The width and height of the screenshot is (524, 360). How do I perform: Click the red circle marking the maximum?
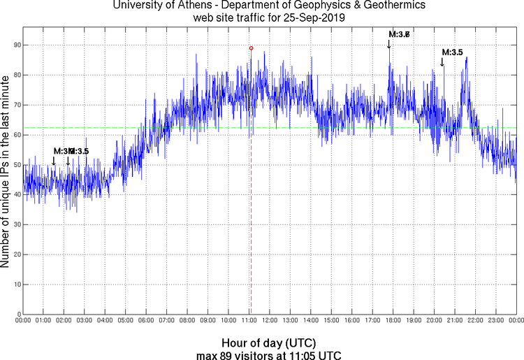(251, 48)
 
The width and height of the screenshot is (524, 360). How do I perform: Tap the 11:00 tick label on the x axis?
(249, 321)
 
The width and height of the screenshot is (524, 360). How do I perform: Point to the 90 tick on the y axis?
(15, 45)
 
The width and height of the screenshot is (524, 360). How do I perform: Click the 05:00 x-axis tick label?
(125, 321)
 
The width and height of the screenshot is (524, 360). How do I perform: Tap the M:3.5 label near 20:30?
(452, 52)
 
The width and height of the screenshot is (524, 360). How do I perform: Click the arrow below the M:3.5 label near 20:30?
(442, 63)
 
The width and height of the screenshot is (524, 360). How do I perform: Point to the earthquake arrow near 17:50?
(389, 44)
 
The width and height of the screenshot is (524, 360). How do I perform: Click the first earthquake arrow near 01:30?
(54, 161)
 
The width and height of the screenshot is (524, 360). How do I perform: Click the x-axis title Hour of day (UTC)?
(268, 343)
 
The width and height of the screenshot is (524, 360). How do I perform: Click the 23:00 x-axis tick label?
(495, 321)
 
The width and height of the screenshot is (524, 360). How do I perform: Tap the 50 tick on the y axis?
(15, 165)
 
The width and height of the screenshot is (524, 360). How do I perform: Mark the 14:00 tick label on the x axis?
(310, 321)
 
